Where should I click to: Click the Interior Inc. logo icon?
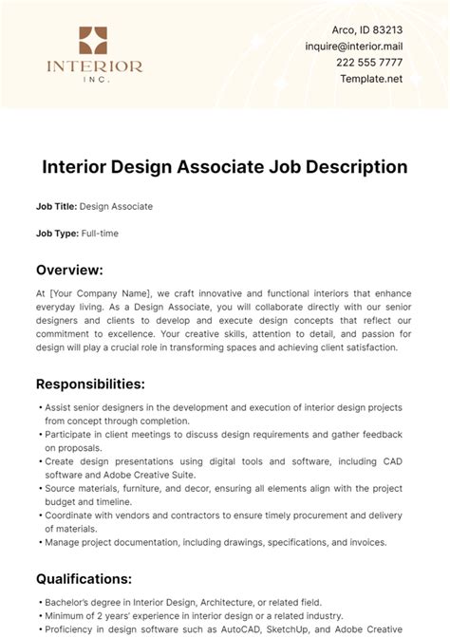point(94,40)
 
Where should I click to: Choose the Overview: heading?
point(75,270)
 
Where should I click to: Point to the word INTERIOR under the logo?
point(94,66)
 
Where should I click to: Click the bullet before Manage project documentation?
point(39,543)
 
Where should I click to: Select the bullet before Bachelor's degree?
point(39,603)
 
